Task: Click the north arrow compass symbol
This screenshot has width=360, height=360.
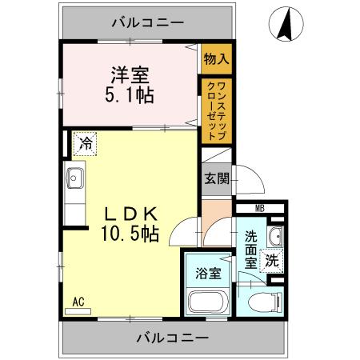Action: (x=284, y=25)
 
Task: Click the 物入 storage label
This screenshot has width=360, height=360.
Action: (x=216, y=58)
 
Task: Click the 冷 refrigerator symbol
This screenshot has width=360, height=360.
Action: (x=84, y=145)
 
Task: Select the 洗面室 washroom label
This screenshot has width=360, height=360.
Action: (x=250, y=249)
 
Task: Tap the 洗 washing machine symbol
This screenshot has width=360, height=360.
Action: (x=272, y=259)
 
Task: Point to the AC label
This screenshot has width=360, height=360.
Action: (x=78, y=302)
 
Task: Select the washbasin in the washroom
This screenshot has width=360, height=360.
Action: (x=274, y=235)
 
